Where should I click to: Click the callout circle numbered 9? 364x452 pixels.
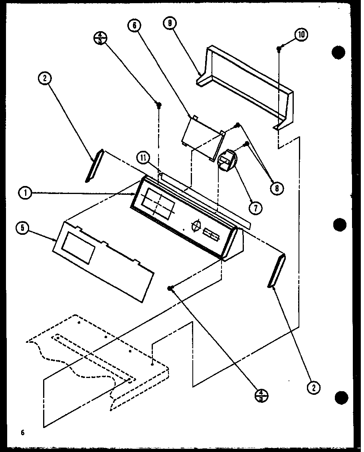coord(170,24)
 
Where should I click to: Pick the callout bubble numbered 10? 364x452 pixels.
coord(301,35)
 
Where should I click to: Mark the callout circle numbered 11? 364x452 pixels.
coord(142,158)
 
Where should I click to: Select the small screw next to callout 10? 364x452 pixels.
coord(279,48)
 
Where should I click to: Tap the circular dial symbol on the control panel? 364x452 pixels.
coord(195,226)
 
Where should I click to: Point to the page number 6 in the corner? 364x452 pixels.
coord(23,432)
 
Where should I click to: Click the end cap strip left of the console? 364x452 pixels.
coord(94,165)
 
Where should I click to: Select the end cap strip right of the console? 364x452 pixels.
coord(275,271)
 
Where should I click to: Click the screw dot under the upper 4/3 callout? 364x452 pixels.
coord(159,105)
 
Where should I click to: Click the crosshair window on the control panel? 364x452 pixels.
coord(158,202)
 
